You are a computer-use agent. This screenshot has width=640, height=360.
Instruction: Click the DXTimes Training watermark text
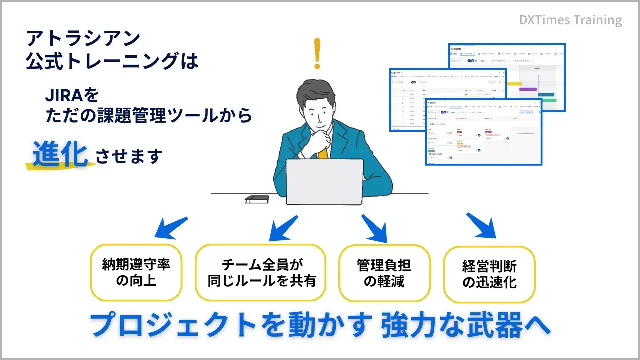click(x=570, y=20)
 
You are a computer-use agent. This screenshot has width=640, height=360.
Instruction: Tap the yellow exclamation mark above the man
click(x=317, y=53)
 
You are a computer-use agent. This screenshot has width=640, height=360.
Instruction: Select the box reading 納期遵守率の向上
click(x=136, y=272)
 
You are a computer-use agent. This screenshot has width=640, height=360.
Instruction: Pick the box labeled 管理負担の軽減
click(x=384, y=272)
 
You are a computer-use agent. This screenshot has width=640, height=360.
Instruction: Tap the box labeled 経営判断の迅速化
click(x=489, y=274)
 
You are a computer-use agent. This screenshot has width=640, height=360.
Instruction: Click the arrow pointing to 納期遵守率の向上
click(x=170, y=227)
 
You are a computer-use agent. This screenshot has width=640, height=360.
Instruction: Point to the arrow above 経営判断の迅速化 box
click(x=481, y=226)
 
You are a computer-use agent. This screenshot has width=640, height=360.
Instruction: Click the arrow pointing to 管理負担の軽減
click(x=375, y=228)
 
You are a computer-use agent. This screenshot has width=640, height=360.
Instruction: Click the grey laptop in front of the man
click(x=324, y=182)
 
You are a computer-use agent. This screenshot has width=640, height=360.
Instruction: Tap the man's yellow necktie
click(x=323, y=152)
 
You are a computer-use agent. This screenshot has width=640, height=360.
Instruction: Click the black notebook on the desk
click(x=257, y=199)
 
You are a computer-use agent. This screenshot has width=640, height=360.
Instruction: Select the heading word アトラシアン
click(x=82, y=38)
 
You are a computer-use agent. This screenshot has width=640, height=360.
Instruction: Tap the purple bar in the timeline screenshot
click(x=528, y=89)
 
